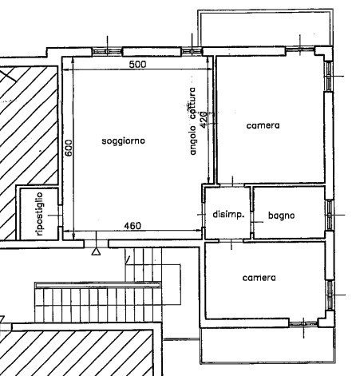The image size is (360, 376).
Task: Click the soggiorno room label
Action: tap(124, 141)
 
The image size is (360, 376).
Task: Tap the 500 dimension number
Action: tap(137, 65)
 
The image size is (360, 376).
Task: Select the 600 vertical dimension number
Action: tap(69, 148)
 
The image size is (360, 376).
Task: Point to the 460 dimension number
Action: tap(133, 226)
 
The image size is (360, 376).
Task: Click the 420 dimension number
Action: tap(203, 120)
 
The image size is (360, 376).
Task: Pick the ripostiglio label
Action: tap(40, 214)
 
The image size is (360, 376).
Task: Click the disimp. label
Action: tap(228, 215)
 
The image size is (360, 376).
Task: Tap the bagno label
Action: tap(282, 215)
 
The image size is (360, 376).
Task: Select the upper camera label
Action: tap(263, 125)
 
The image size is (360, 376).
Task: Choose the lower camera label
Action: tap(259, 278)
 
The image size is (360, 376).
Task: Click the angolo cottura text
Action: tap(192, 121)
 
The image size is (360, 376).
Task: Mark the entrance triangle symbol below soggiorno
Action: tap(96, 251)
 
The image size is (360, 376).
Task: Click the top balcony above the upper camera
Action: tap(266, 28)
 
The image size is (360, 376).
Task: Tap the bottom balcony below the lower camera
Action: tap(267, 346)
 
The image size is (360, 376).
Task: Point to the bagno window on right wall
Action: tap(330, 215)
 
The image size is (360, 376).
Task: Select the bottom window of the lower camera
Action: tap(303, 323)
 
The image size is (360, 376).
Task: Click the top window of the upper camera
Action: tap(300, 49)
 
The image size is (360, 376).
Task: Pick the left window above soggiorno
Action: tap(107, 51)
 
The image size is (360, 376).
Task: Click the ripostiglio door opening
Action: tap(60, 216)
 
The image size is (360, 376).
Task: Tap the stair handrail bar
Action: tap(98, 285)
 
